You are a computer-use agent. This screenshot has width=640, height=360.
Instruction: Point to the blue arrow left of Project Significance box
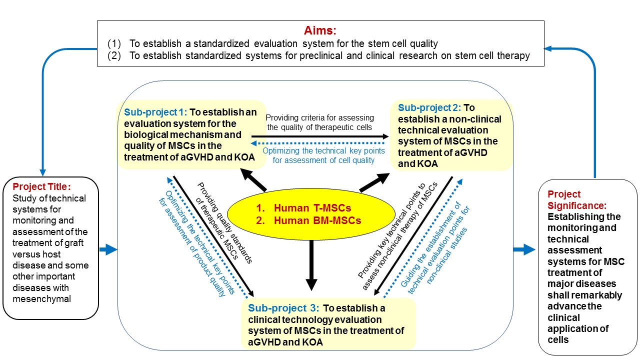point(524,248)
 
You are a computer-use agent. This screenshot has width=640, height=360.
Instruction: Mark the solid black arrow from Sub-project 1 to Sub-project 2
point(320,135)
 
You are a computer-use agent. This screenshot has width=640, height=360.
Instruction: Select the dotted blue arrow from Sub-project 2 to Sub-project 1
point(320,143)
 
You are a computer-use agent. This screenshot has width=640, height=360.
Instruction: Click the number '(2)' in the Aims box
point(115,56)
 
